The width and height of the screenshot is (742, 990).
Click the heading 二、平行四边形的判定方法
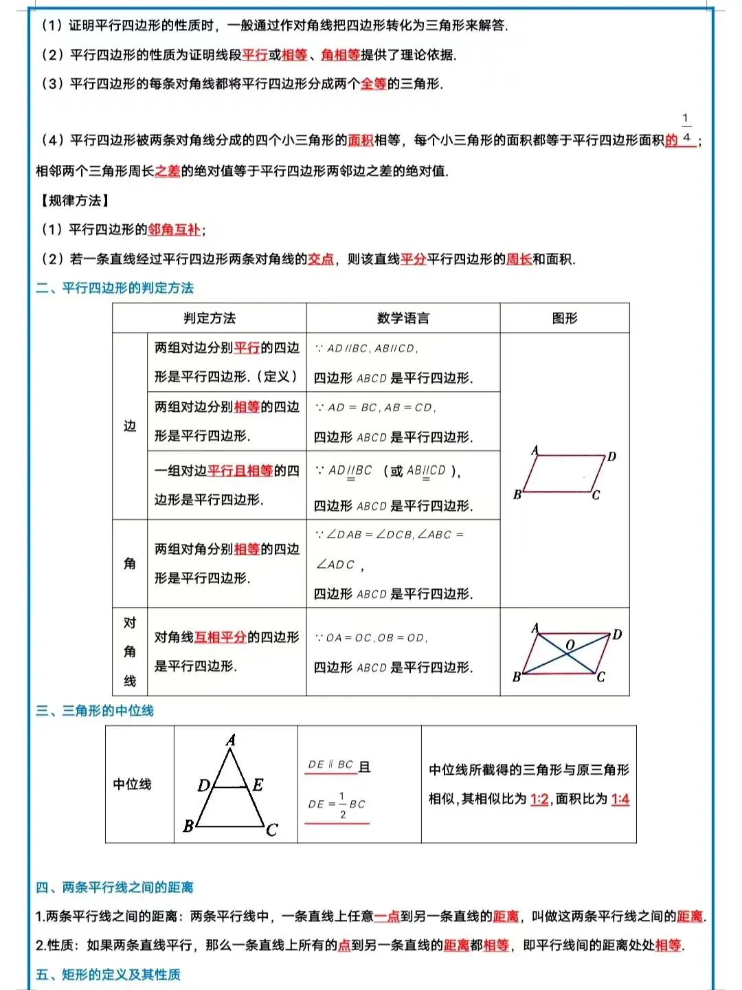tap(115, 288)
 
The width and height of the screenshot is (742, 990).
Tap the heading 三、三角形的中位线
tap(95, 711)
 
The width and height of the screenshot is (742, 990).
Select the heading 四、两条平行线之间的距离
tap(115, 888)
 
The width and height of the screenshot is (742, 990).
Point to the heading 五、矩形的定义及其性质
tap(108, 975)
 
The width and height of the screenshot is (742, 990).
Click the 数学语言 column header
tap(403, 318)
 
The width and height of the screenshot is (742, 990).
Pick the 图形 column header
tap(565, 318)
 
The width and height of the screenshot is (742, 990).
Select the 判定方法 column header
tap(210, 318)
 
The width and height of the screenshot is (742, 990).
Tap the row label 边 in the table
tap(130, 426)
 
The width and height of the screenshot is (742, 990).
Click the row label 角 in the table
tap(130, 564)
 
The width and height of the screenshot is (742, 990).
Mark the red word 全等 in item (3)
tap(374, 84)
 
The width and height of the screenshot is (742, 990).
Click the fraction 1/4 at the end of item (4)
tap(686, 129)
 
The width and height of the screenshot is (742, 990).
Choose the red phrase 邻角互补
tap(175, 230)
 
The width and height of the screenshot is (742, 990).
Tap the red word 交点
tap(321, 259)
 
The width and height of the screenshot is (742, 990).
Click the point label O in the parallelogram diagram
tap(570, 645)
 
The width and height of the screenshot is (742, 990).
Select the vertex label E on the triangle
tap(258, 784)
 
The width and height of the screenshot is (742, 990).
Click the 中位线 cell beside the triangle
tap(132, 784)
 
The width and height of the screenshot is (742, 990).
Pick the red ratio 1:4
tap(620, 799)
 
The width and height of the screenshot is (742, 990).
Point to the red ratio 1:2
tap(539, 799)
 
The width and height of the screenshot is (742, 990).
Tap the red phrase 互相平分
tap(221, 637)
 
